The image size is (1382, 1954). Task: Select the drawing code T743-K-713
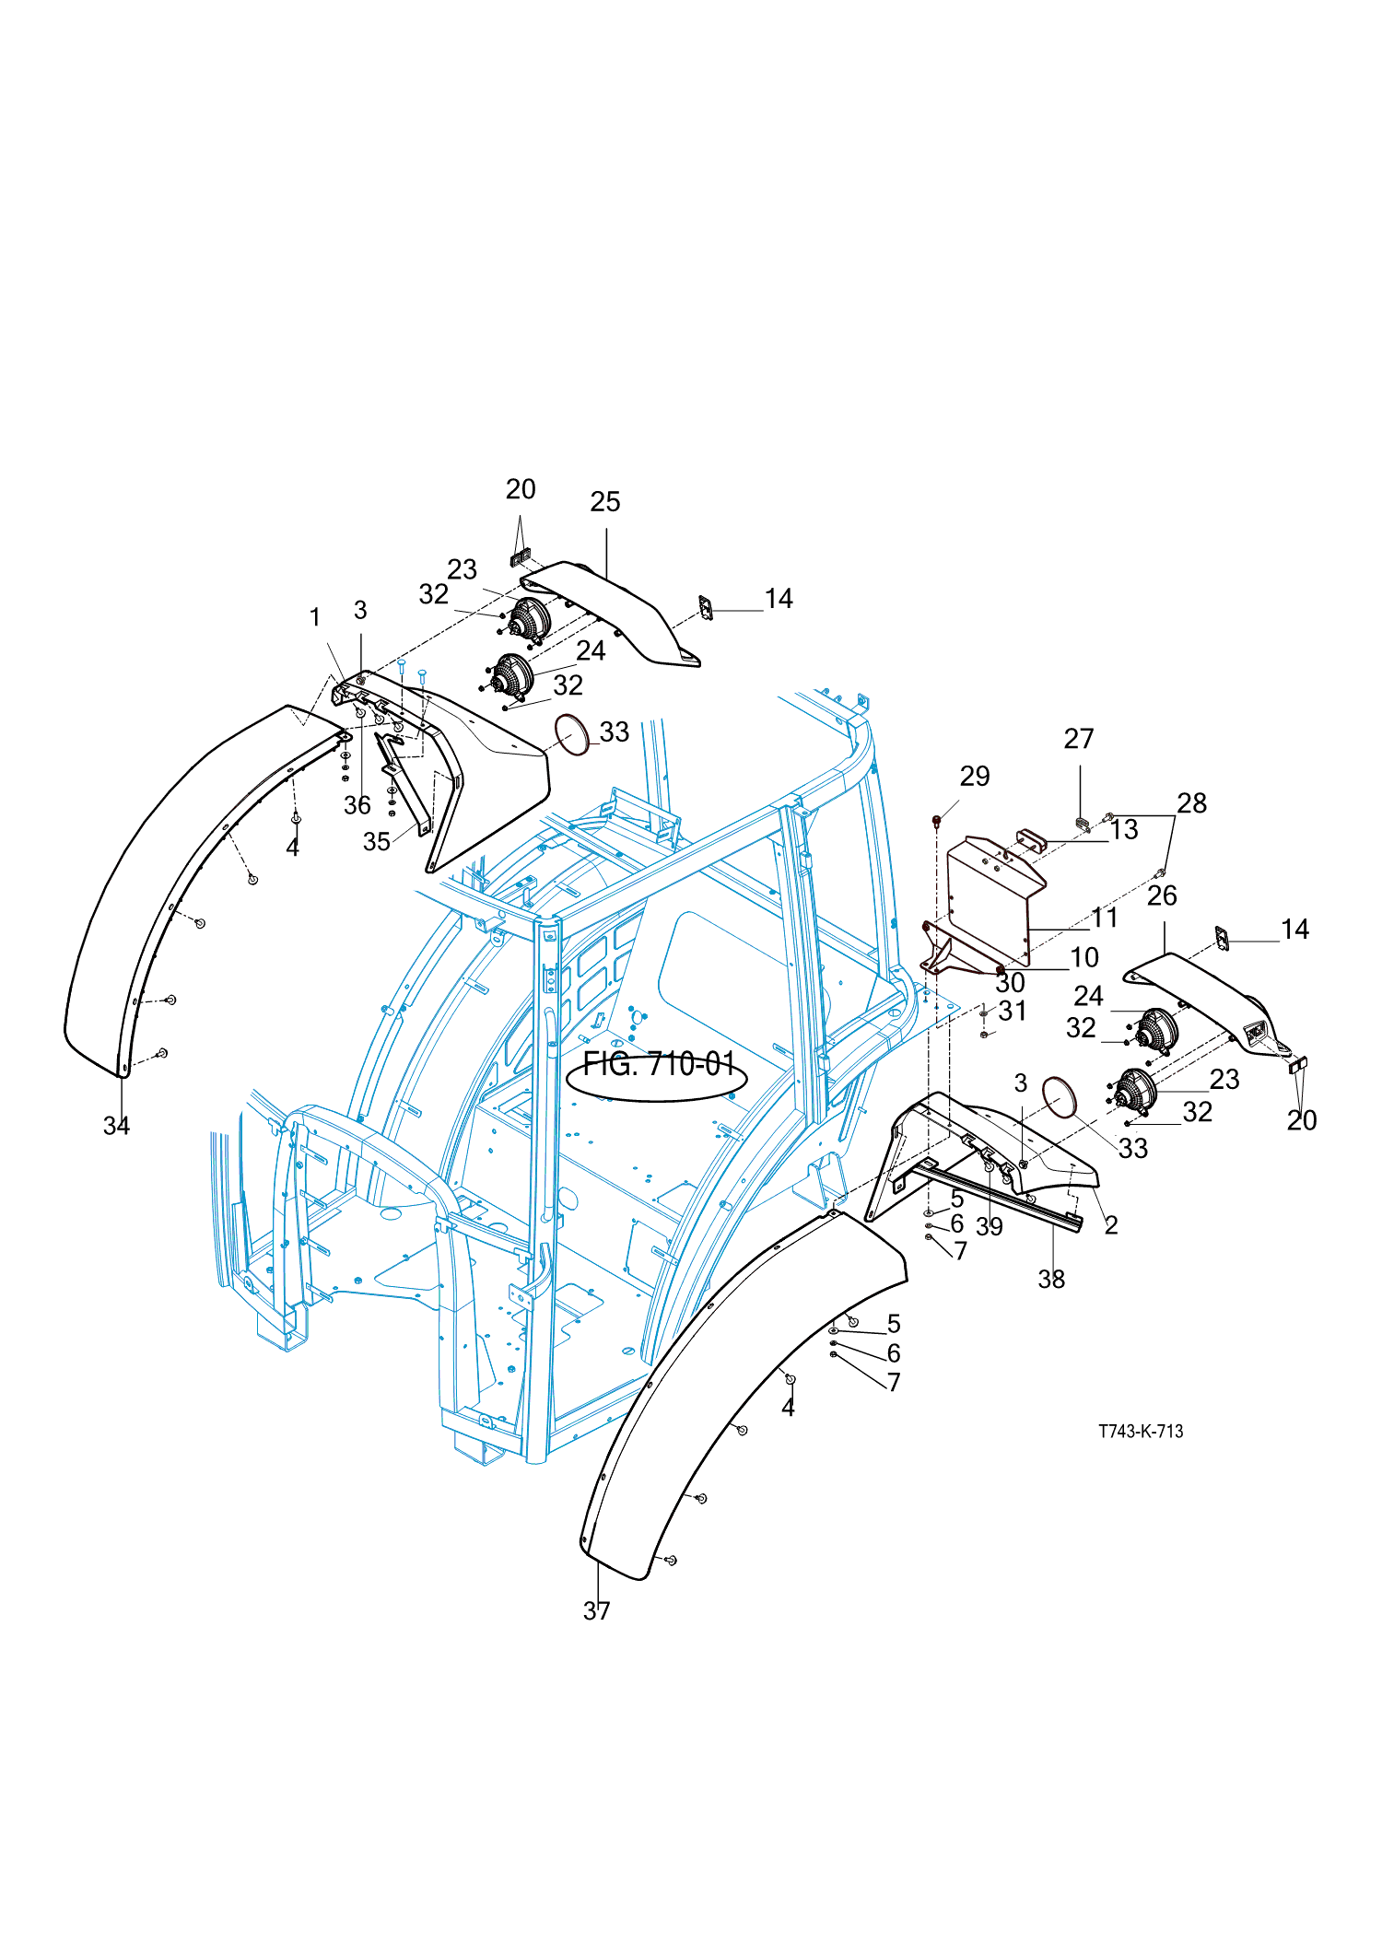coord(1141,1431)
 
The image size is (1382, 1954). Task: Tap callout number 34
coord(116,1125)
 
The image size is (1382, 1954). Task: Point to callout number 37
coord(596,1610)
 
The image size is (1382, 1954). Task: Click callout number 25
coord(605,502)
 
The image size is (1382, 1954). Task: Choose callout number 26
coord(1162,895)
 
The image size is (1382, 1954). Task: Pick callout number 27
coord(1079,739)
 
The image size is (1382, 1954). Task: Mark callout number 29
coord(975,777)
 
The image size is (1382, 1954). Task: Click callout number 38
coord(1051,1279)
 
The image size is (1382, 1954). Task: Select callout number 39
coord(990,1226)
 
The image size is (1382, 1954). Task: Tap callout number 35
coord(376,841)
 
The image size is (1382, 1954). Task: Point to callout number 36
coord(357,804)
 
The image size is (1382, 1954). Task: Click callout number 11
coord(1105,918)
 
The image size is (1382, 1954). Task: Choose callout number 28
coord(1191,803)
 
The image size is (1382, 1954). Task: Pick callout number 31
coord(1013,1011)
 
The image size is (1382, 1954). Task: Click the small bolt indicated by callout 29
coord(937,818)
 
